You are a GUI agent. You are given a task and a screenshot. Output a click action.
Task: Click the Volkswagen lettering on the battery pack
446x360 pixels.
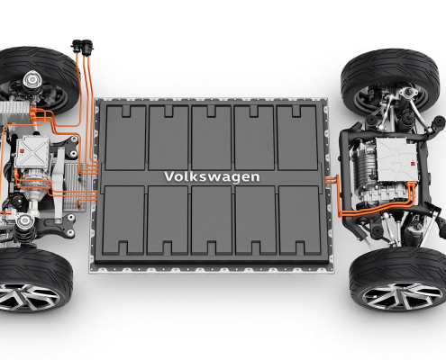click(212, 176)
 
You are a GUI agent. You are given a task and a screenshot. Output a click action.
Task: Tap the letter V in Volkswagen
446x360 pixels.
click(168, 176)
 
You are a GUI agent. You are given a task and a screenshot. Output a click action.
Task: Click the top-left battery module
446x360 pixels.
click(125, 138)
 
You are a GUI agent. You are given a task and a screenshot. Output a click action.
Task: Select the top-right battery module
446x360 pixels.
click(296, 138)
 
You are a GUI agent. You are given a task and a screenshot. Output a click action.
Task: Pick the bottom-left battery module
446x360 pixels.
click(123, 220)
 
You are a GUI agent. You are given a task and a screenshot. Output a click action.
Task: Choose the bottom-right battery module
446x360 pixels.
click(300, 220)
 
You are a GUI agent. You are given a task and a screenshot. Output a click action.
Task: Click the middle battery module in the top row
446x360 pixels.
click(211, 138)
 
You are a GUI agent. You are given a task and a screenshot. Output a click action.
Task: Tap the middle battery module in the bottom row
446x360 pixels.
click(212, 220)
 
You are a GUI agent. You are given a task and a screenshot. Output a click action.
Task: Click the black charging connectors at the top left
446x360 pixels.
click(83, 47)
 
